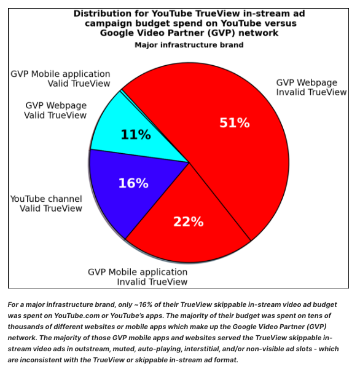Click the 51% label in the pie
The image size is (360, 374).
(235, 123)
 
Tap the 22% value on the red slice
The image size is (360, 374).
(188, 221)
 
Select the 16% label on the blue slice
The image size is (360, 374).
(133, 183)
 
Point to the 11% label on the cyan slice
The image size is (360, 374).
(136, 135)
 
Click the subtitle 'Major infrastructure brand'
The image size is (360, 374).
(189, 45)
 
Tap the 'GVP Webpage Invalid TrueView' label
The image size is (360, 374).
(311, 87)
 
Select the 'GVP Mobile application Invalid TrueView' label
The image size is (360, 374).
(138, 277)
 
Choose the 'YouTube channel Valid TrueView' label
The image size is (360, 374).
(46, 204)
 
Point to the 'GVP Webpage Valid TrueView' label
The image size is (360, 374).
(55, 110)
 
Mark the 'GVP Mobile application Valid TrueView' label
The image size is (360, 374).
(61, 79)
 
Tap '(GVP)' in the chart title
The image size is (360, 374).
(221, 33)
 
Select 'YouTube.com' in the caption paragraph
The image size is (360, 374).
(77, 316)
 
